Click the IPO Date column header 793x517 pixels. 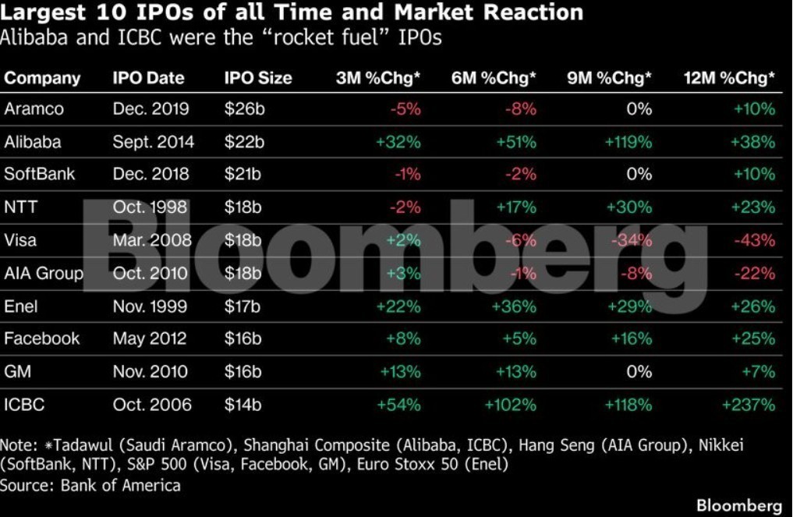point(148,78)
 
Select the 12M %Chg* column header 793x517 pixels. point(729,78)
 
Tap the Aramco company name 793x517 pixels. point(34,108)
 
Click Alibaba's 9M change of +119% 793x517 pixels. point(628,142)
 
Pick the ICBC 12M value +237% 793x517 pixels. point(749,405)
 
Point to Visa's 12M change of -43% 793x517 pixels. point(755,239)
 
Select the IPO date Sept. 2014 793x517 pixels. point(154,142)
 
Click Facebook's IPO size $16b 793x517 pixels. point(243,338)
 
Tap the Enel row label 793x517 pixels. point(21,306)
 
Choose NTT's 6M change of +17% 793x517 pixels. point(516,207)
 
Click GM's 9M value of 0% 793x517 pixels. point(639,372)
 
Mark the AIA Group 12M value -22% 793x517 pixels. point(755,273)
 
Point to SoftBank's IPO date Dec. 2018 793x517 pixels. point(150,174)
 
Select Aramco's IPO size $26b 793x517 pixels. point(244,108)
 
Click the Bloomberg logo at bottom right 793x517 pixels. point(739,505)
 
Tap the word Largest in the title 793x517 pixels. point(43,12)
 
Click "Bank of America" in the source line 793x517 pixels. point(120,486)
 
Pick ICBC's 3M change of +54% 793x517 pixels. point(398,405)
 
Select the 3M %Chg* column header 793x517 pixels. point(378,78)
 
